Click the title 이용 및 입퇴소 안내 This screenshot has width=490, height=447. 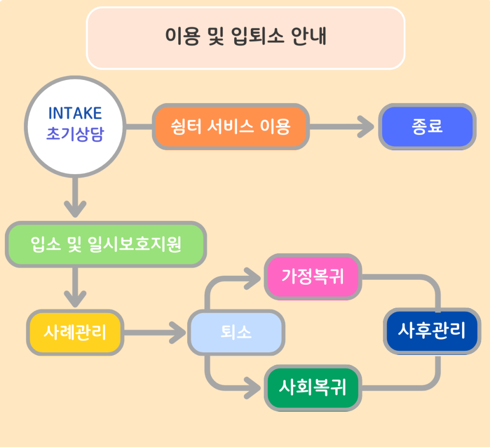245,37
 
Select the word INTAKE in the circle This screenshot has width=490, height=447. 75,113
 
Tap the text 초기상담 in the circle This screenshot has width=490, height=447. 75,134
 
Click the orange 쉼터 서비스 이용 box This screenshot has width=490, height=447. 230,127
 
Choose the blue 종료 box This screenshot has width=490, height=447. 427,127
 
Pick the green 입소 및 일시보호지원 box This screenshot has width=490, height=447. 106,244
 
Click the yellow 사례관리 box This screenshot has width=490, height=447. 75,332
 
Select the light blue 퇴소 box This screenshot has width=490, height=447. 236,332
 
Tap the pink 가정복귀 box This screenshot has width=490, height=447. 313,277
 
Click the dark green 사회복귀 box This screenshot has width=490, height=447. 313,388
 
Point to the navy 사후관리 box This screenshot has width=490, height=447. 432,331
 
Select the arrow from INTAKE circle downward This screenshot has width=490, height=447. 75,196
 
